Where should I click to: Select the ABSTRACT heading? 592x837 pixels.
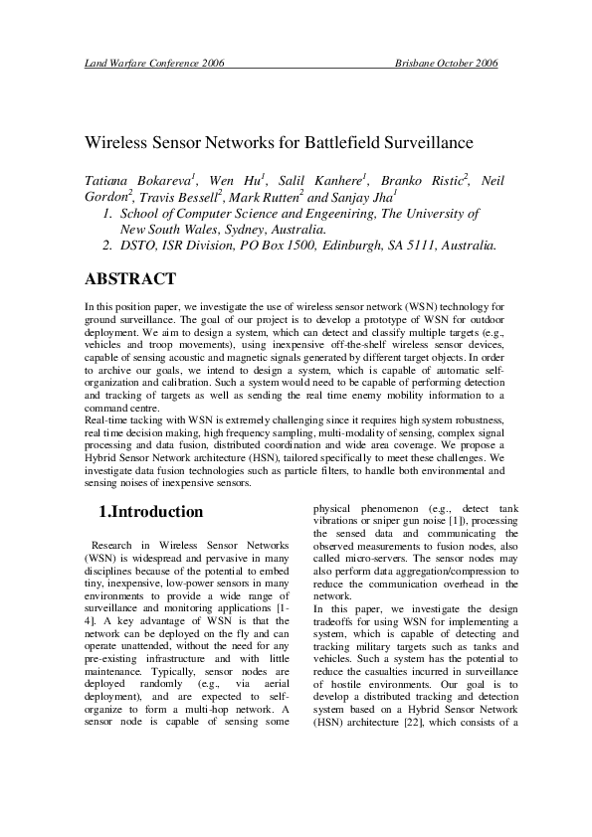[x=130, y=279]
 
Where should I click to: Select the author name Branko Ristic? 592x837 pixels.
[x=417, y=182]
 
